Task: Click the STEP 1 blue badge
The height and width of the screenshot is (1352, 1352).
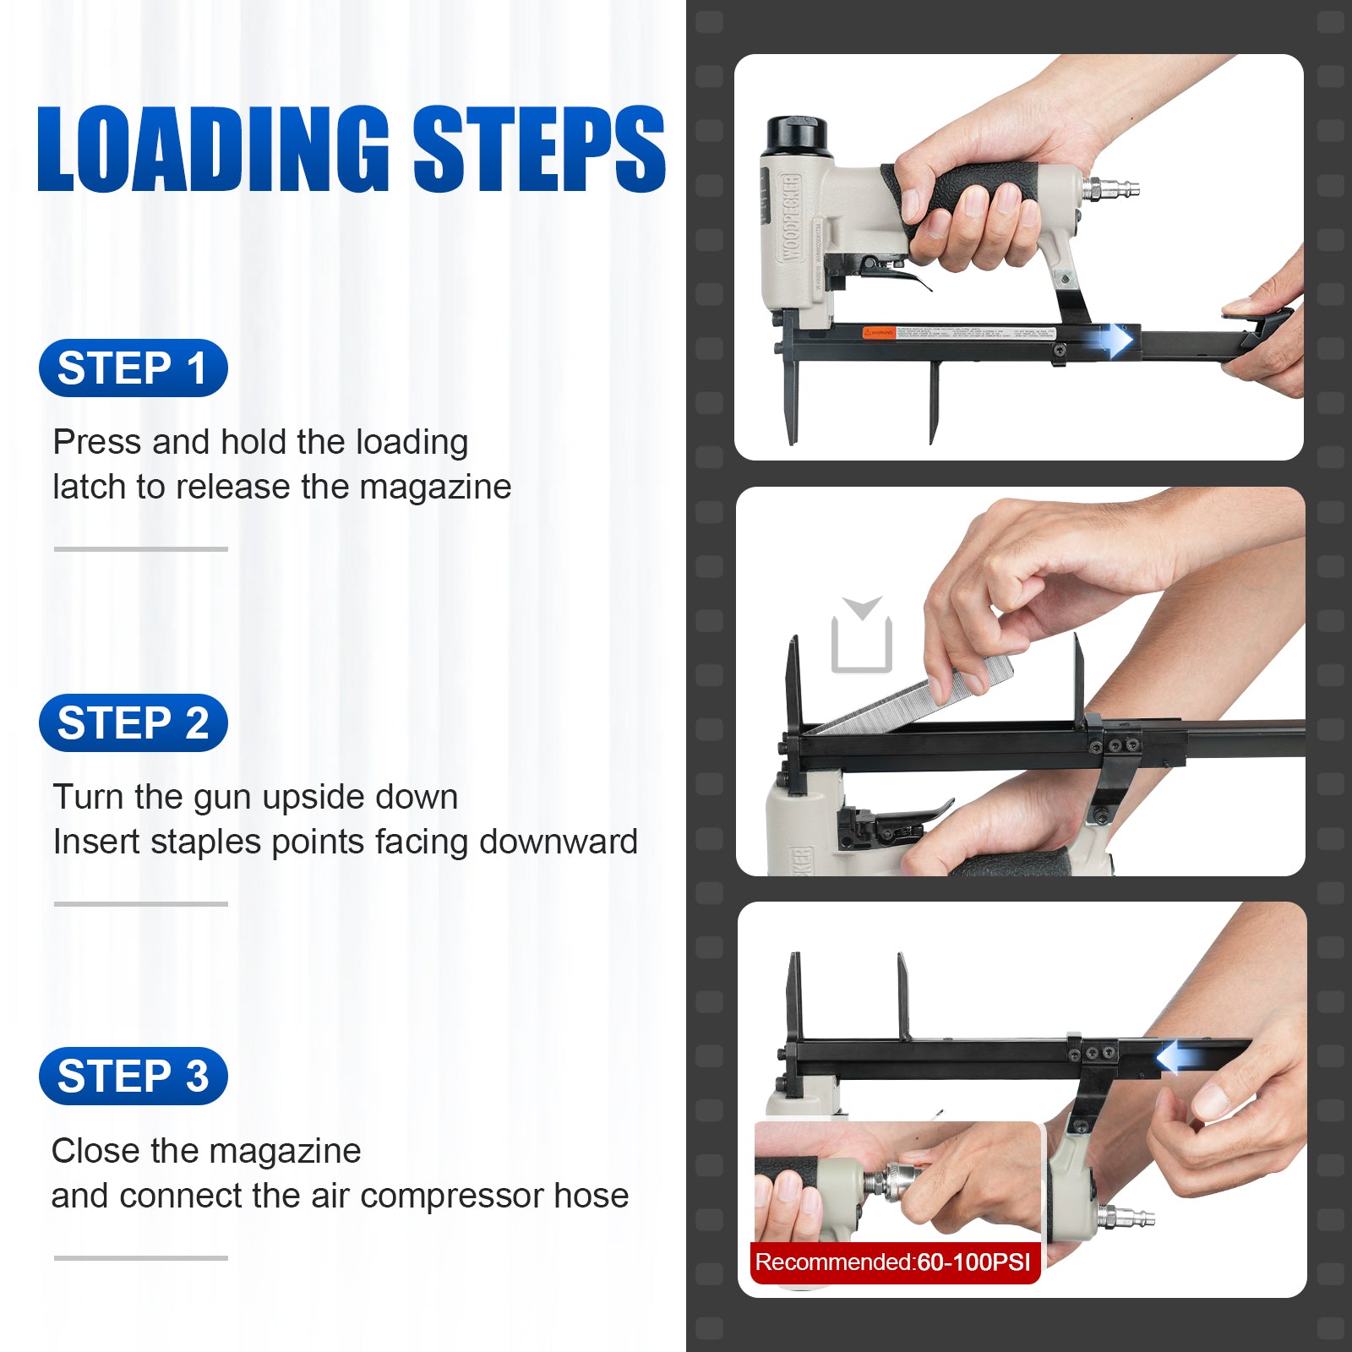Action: [134, 368]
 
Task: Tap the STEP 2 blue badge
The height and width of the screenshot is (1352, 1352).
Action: [134, 723]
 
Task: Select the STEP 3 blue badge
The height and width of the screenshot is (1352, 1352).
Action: [134, 1077]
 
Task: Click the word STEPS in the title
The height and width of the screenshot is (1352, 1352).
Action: [539, 150]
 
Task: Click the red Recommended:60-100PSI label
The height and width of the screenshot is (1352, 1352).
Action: [893, 1262]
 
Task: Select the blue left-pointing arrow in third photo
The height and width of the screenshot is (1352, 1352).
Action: [1175, 1057]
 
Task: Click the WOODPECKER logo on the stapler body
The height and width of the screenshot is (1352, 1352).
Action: [789, 218]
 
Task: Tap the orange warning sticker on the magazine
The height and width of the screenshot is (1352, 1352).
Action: [878, 333]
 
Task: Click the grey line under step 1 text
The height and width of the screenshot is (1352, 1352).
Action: [141, 549]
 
